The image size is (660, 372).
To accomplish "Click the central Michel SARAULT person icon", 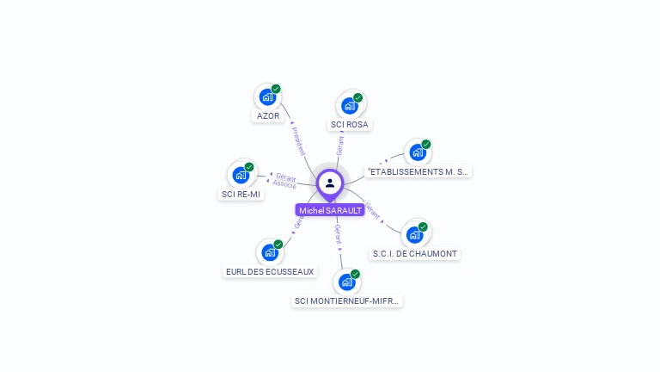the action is click(330, 183).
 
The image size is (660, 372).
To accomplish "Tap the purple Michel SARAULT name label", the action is click(330, 210).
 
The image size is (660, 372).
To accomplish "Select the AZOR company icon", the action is click(267, 96).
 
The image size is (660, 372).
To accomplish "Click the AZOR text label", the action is click(268, 116).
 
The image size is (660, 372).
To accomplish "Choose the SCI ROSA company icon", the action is click(350, 105).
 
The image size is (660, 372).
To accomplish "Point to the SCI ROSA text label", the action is click(350, 125).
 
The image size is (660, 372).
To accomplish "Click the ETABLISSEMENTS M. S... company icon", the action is click(418, 152).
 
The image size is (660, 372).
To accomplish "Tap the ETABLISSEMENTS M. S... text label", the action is click(419, 172).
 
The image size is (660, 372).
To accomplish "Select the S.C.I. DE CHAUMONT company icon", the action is click(415, 234).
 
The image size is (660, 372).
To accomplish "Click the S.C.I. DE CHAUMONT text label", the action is click(416, 254).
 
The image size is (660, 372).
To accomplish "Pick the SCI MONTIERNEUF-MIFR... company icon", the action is click(347, 282).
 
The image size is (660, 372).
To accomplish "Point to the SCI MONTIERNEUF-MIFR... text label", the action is click(347, 301).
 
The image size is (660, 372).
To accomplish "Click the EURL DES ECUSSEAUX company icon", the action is click(270, 252).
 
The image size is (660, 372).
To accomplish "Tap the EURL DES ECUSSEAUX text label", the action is click(270, 272).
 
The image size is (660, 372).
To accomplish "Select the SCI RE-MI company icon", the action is click(241, 175).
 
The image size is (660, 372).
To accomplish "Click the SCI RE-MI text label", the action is click(241, 195).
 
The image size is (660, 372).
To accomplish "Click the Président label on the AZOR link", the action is click(298, 141).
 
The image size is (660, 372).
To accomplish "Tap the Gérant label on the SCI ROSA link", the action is click(340, 146).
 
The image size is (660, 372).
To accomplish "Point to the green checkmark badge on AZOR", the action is click(276, 89).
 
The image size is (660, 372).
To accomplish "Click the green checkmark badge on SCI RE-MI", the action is click(249, 167).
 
